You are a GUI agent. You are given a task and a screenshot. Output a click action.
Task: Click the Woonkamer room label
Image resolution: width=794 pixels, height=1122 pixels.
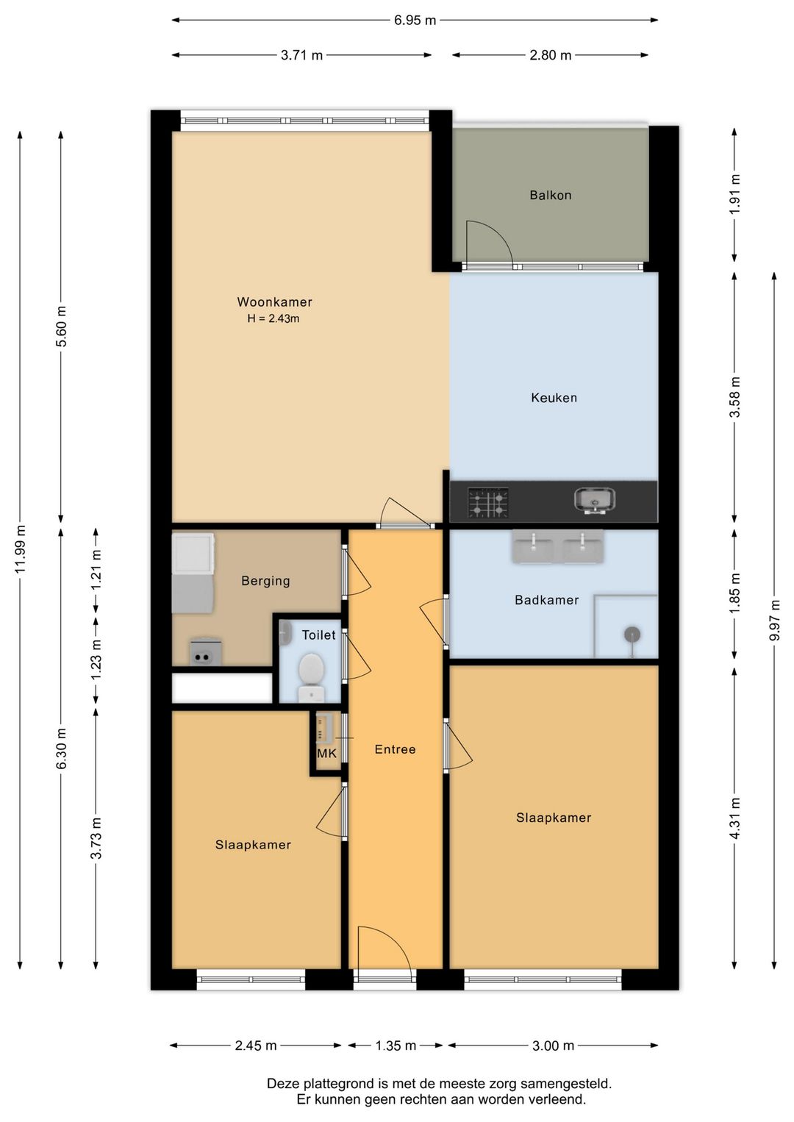click(274, 301)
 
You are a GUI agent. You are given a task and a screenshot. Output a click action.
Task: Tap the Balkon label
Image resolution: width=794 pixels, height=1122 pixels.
click(551, 195)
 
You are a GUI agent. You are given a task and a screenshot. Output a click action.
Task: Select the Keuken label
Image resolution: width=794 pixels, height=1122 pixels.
click(554, 398)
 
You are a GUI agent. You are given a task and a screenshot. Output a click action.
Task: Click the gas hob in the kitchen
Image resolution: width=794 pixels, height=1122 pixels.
click(488, 502)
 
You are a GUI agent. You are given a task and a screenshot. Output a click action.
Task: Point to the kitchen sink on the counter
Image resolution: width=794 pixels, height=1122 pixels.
click(595, 501)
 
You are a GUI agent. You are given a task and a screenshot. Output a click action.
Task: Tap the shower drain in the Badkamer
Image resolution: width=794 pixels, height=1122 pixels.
click(633, 635)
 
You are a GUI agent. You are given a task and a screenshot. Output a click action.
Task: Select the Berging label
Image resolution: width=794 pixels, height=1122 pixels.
click(265, 581)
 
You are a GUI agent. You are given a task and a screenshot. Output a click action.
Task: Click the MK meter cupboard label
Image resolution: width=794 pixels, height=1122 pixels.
click(326, 754)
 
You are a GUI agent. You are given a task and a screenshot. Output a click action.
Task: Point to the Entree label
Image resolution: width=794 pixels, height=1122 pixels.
click(396, 749)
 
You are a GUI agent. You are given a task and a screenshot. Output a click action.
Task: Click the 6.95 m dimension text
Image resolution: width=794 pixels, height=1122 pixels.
click(415, 21)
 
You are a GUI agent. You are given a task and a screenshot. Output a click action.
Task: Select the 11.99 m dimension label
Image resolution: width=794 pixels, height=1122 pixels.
click(20, 549)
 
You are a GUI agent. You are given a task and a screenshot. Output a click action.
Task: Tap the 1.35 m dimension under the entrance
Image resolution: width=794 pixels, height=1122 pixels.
click(396, 1046)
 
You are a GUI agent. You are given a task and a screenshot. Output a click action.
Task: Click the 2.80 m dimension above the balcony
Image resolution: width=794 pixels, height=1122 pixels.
click(551, 55)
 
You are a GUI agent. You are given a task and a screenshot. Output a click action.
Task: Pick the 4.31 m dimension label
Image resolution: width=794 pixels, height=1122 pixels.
click(734, 818)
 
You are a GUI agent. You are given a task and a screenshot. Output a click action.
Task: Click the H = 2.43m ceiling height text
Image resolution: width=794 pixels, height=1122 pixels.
click(273, 318)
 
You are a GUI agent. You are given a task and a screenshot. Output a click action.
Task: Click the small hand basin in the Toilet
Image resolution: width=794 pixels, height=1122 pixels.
click(286, 632)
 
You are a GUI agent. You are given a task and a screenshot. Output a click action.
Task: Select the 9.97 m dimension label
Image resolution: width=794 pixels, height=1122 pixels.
click(775, 620)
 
